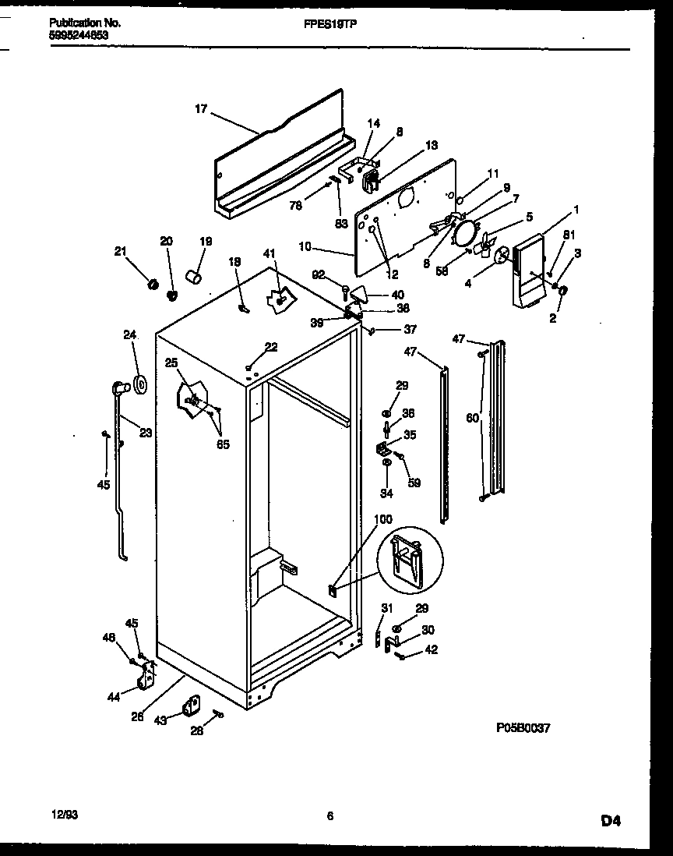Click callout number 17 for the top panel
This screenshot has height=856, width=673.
pos(200,109)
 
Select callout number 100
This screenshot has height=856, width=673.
pos(383,519)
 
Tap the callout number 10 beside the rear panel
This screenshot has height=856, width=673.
pos(305,247)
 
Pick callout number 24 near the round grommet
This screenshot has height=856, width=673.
pos(129,336)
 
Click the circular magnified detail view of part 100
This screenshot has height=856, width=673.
pos(409,561)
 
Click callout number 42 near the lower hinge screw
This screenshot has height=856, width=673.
pos(431,649)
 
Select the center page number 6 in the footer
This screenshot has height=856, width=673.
pos(329,816)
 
